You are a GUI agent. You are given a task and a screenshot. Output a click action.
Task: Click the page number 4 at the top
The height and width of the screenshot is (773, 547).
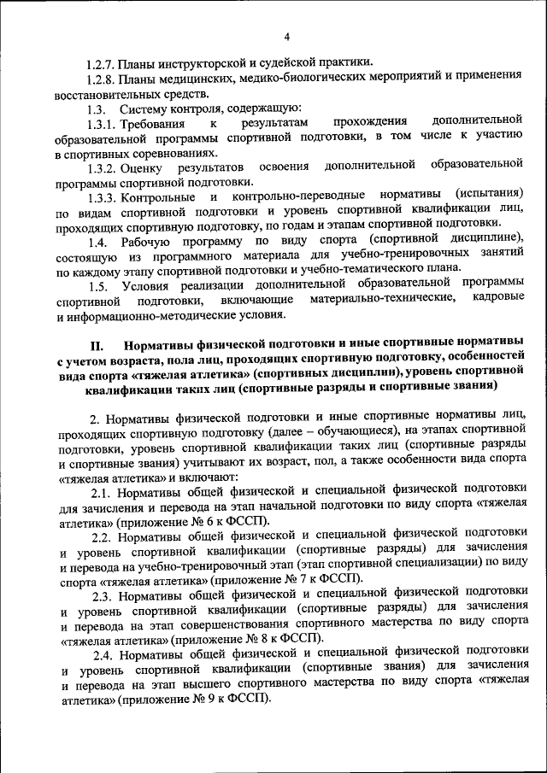point(287,36)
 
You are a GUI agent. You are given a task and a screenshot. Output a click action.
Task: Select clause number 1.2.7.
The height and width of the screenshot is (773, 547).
point(105,63)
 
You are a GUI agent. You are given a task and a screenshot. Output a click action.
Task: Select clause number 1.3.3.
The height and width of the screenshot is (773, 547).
point(105,196)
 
